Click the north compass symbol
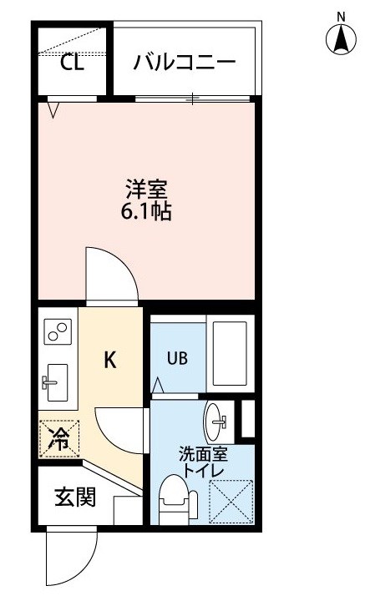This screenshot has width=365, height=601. pos(340,38)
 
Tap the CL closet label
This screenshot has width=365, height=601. pos(72,63)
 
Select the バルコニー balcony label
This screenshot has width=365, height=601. pos(185,63)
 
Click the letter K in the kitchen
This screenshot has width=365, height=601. pos(109,360)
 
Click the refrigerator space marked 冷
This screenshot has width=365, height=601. pos(58,437)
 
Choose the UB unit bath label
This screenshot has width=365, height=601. pos(178,359)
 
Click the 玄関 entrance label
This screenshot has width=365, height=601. pos(74,498)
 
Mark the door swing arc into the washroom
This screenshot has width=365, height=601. pos(119,427)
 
